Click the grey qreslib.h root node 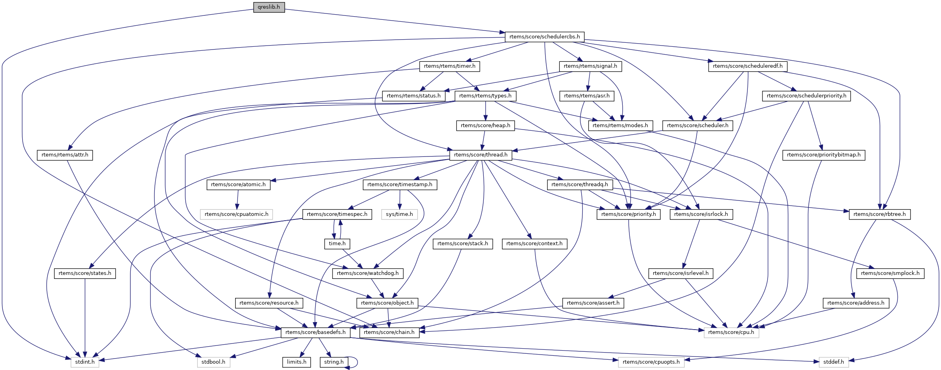269,7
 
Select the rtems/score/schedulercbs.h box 544,37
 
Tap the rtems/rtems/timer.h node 449,66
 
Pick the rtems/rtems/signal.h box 590,66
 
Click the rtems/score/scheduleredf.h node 747,66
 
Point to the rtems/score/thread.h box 481,155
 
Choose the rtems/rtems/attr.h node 65,155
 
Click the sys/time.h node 399,214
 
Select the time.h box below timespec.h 337,244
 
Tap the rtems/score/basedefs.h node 315,332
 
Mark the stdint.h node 85,362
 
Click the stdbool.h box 213,362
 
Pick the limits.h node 297,362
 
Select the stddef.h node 833,362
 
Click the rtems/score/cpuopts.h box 651,362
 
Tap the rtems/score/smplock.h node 890,273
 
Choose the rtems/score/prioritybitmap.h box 823,155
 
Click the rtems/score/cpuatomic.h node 236,214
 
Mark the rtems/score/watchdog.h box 367,273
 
